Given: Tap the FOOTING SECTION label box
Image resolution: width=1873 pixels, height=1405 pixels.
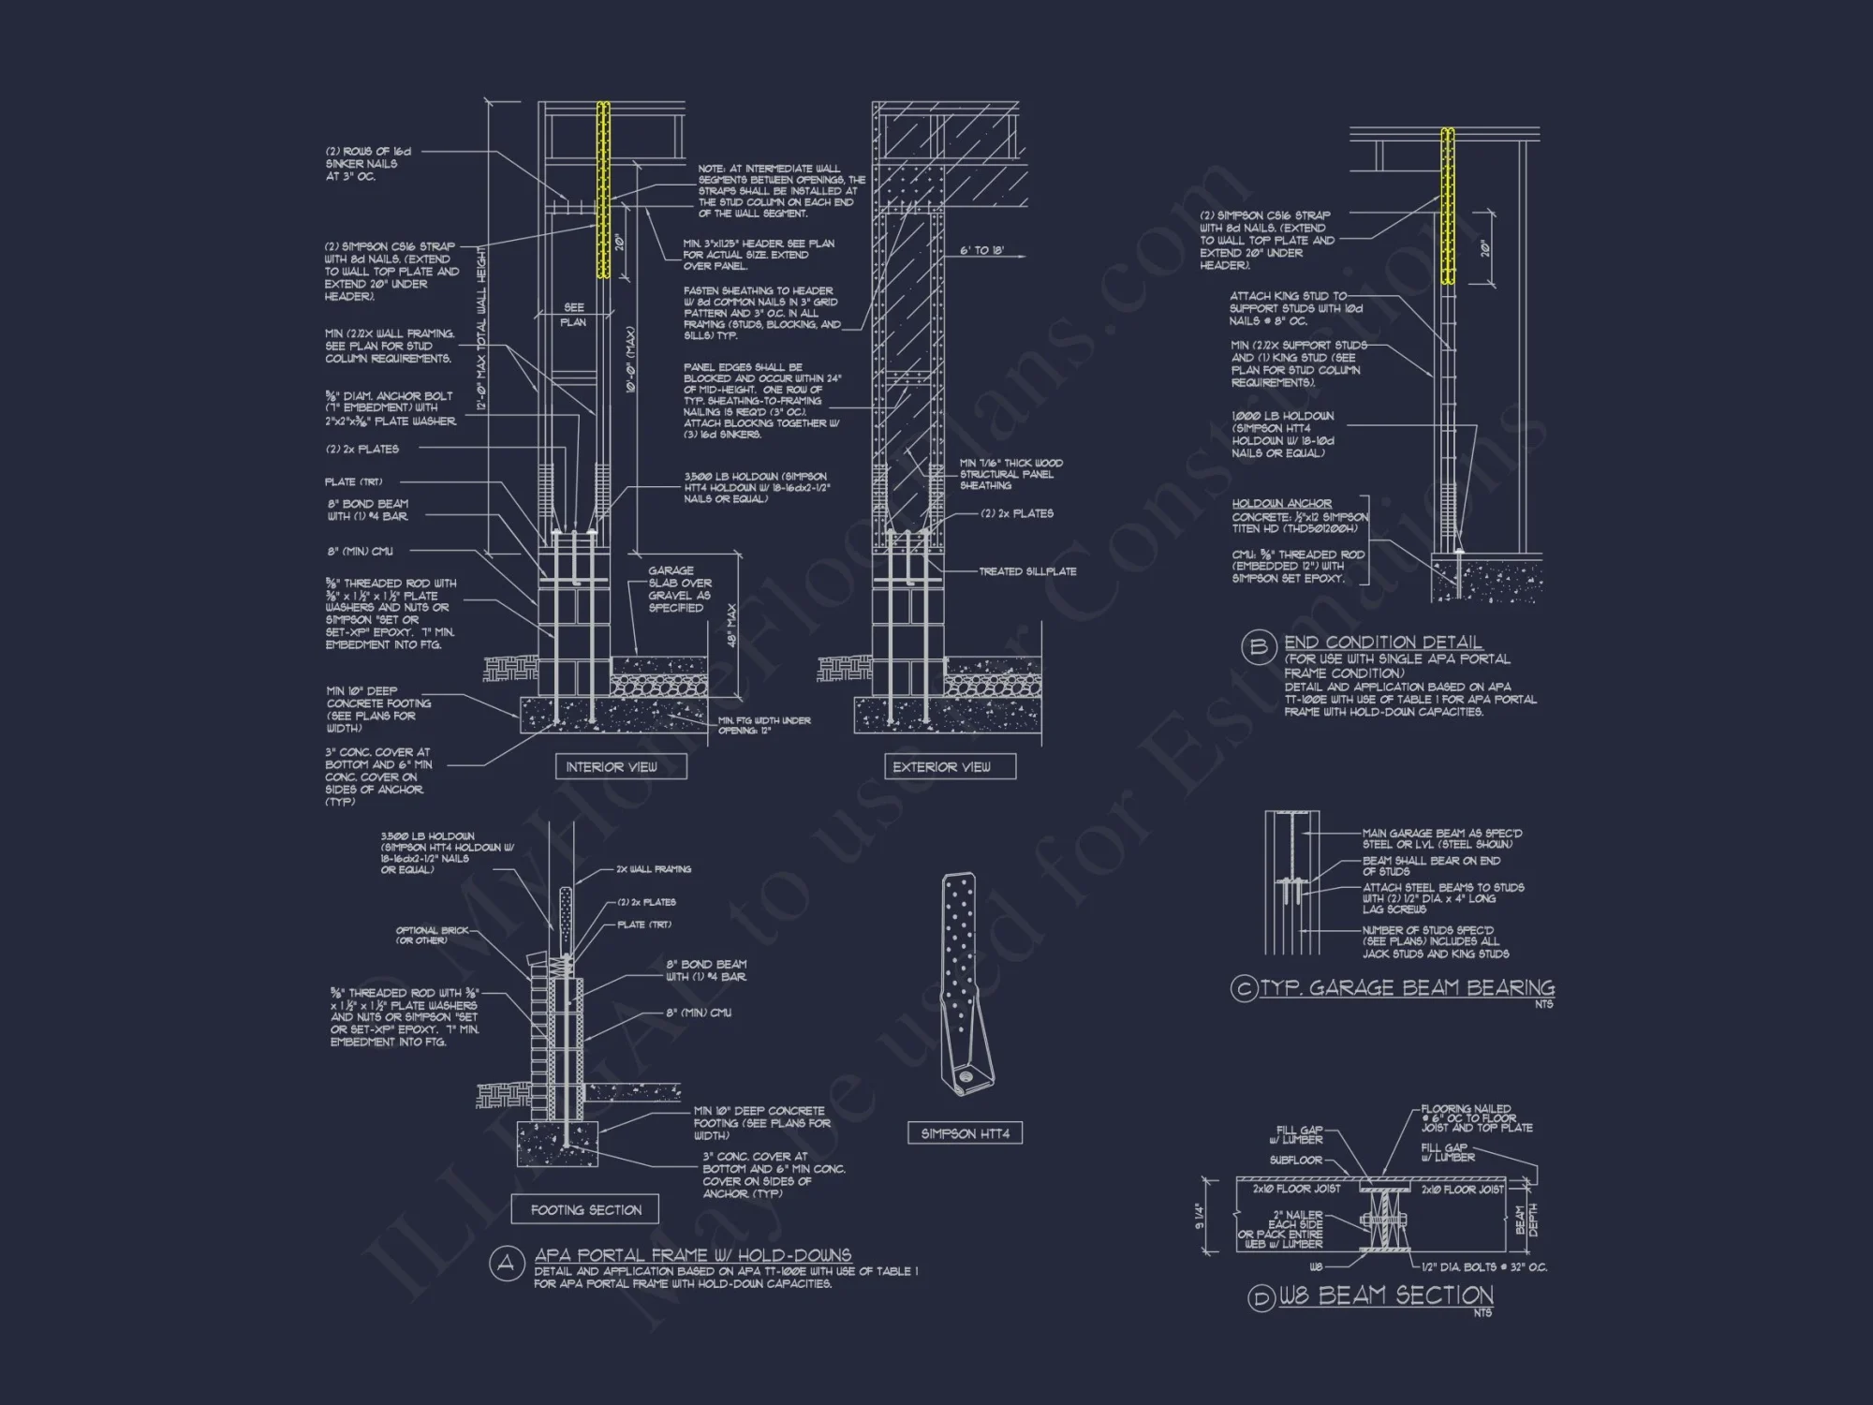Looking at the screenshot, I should click(585, 1210).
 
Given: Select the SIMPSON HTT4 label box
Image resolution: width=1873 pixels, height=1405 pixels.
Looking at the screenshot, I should click(965, 1134).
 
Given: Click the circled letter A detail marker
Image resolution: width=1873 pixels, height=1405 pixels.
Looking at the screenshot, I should click(507, 1264).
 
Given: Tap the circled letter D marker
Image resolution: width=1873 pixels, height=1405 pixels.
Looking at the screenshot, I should click(1261, 1298).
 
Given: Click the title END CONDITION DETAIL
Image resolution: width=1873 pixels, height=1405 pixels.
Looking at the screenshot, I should click(1382, 643).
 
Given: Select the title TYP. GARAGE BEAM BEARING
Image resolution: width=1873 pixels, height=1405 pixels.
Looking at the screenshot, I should click(1407, 988).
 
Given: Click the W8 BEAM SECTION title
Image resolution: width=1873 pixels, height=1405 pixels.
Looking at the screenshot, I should click(1386, 1295).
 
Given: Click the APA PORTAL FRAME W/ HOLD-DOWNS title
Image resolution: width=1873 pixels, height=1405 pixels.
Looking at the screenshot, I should click(692, 1255).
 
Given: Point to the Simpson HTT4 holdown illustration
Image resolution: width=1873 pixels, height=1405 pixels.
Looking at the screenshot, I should click(965, 983).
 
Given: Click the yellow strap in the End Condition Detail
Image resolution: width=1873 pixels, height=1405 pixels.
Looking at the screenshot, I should click(1447, 206).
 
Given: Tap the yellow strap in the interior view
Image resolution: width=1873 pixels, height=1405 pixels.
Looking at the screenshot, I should click(603, 190).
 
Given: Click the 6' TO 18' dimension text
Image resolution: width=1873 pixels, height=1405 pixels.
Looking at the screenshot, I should click(981, 251).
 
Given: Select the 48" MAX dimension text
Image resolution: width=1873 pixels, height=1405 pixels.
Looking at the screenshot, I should click(731, 625).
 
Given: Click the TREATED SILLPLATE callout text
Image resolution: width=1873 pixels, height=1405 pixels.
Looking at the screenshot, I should click(1027, 571).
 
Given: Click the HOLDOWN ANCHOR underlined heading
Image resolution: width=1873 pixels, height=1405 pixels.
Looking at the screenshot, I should click(1281, 504).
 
